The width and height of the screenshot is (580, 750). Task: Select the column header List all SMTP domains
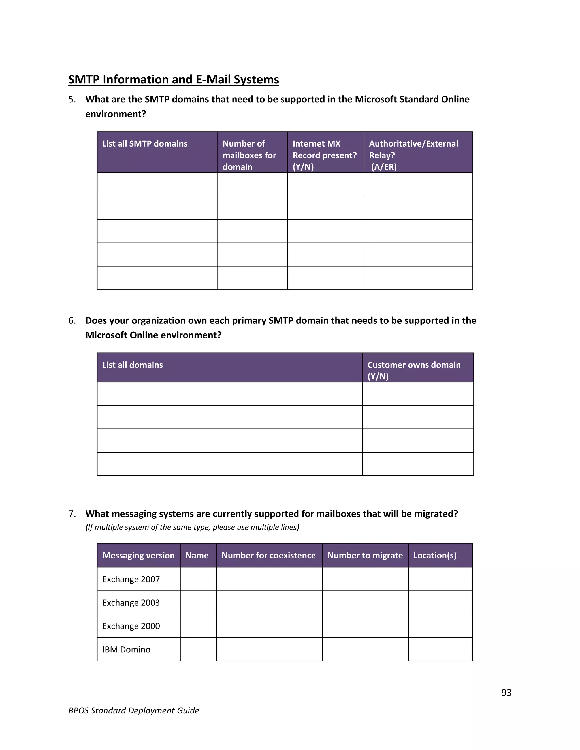coord(145,143)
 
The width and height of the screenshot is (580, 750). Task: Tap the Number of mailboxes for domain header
coord(249,155)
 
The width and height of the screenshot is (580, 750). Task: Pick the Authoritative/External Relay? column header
coord(413,155)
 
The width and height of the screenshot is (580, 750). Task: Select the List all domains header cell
coord(133,365)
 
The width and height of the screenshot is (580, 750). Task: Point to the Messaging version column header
coord(138,555)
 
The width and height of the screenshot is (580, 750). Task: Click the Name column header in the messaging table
coord(197,555)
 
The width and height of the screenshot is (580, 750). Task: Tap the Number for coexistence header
coord(268,555)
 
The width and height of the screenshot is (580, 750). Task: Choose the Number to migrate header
coord(365,555)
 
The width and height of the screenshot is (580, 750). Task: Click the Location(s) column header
coord(435,555)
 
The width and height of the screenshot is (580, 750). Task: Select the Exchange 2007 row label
coord(131,579)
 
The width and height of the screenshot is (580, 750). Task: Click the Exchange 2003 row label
coord(131,603)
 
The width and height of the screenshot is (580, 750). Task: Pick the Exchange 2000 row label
coord(131,626)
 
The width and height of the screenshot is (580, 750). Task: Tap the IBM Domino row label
coord(126,649)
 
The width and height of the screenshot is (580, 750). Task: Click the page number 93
coord(506,693)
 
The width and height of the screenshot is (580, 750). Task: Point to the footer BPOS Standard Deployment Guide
coord(134,710)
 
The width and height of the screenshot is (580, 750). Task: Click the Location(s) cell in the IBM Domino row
coord(440,649)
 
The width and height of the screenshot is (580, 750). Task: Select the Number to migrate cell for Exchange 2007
coord(365,579)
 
